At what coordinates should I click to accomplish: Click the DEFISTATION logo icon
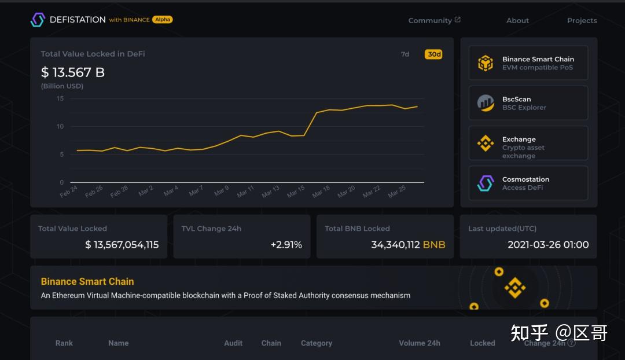point(38,20)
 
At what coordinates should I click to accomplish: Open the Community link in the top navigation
point(430,21)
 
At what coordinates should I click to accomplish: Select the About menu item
point(517,21)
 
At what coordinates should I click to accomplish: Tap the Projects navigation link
point(582,21)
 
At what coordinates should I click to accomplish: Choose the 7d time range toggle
point(405,54)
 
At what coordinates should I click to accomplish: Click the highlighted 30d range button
point(433,54)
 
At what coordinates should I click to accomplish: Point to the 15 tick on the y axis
point(60,98)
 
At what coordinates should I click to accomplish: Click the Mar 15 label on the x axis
point(296,192)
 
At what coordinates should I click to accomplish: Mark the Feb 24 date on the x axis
point(69,192)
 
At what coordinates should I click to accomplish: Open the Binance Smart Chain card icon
point(485,63)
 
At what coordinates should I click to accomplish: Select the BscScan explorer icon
point(485,103)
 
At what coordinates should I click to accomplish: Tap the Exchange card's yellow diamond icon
point(485,144)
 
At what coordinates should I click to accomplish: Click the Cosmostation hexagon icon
point(485,183)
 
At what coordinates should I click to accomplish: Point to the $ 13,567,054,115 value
point(122,245)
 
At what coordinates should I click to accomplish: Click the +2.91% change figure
point(286,245)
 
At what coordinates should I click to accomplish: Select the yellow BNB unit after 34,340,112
point(434,245)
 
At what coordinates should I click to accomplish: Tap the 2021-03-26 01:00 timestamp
point(548,245)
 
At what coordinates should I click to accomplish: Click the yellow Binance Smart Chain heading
point(87,282)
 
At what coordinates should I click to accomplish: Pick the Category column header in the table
point(317,343)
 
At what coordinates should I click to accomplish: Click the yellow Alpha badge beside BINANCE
point(163,20)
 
